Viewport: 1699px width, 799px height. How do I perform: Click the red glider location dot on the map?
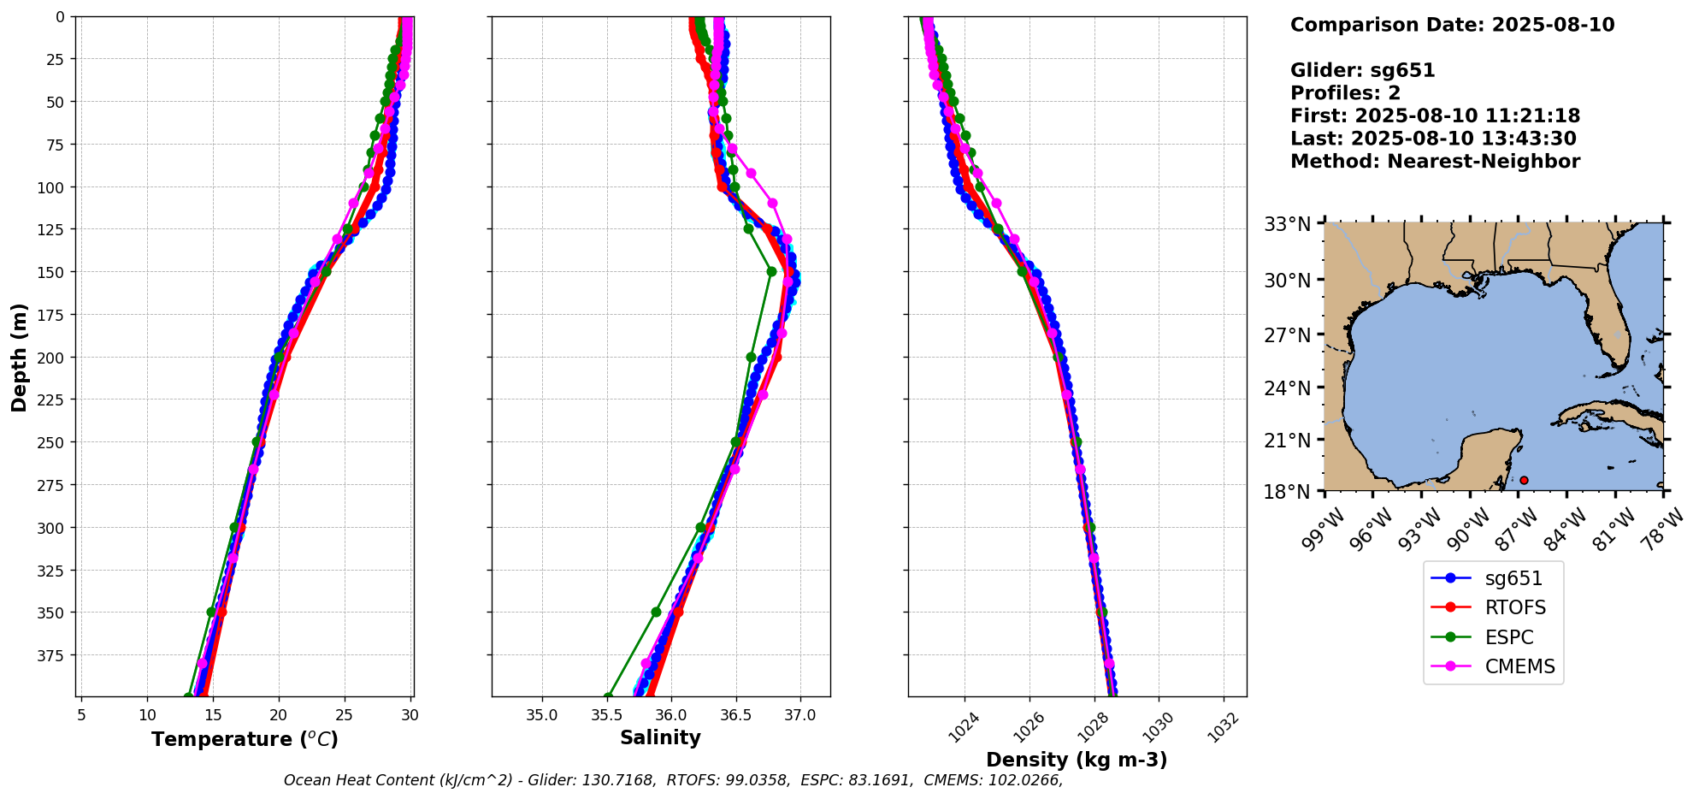1524,480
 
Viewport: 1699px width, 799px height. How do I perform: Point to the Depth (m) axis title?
19,357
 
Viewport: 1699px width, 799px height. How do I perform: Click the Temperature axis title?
245,739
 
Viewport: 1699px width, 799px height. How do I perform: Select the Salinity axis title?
660,738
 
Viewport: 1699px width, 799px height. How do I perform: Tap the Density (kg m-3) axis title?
1077,760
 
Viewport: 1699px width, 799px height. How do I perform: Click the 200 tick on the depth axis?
56,358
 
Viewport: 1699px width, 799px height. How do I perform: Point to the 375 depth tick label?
56,655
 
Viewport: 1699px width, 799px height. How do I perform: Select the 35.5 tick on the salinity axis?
606,715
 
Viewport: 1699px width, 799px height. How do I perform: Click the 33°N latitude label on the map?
1288,225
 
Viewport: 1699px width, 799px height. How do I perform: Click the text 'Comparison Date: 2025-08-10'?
1452,25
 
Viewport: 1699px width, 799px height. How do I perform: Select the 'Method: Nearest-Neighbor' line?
1435,162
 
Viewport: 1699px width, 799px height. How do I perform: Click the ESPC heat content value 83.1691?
880,780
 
